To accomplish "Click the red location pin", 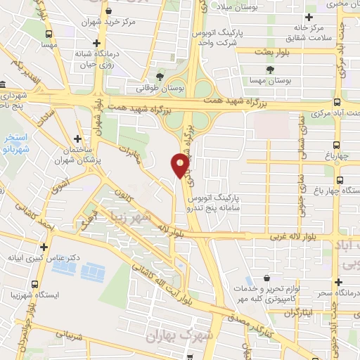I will (180, 165).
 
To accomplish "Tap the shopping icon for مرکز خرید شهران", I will (108, 11).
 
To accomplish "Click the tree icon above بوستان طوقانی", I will (161, 76).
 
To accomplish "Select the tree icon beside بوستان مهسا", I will (271, 69).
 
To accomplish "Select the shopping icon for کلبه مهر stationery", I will (266, 279).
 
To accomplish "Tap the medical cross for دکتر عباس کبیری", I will (44, 247).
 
